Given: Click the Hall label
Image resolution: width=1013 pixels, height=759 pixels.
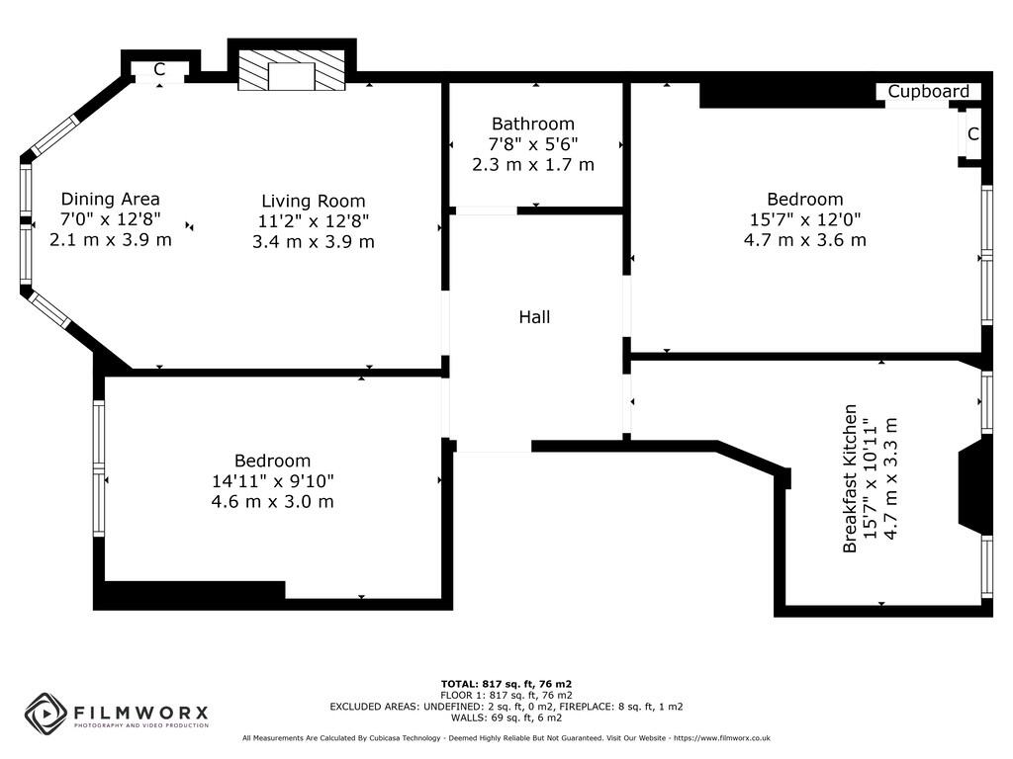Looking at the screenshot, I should point(534,317).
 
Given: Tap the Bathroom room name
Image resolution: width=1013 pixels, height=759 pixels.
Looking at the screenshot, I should point(533,124).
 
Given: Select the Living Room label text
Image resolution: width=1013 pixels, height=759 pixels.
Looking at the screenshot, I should point(314,201).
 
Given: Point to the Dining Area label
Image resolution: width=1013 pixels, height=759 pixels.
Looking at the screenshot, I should point(111,199).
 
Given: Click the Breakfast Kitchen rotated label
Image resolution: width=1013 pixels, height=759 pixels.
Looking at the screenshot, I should point(850,478).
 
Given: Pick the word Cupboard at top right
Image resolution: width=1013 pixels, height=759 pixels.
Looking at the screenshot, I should point(928,92).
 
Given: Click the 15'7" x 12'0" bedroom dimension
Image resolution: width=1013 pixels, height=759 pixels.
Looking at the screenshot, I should point(804,219).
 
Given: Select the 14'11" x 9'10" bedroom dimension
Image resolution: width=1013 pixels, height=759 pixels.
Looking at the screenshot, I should point(272,481).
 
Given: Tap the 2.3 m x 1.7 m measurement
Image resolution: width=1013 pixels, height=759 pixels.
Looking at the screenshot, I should point(533,165).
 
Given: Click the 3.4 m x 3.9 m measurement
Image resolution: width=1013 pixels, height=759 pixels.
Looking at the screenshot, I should point(314,241).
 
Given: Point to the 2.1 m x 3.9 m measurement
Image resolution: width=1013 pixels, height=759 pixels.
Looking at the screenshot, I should point(111,239).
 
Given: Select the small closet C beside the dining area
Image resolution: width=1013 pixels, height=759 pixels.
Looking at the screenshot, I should point(159,69).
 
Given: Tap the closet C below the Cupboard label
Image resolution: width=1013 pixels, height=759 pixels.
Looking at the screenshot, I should point(972,134).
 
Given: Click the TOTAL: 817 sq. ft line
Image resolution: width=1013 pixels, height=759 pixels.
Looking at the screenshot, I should point(506,684).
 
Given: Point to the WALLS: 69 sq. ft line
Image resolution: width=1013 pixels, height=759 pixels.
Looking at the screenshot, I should point(506,717).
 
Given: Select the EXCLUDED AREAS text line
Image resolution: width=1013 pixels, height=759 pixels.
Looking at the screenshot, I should point(506,707).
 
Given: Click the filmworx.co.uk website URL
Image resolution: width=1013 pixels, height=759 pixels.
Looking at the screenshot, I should point(721,738).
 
